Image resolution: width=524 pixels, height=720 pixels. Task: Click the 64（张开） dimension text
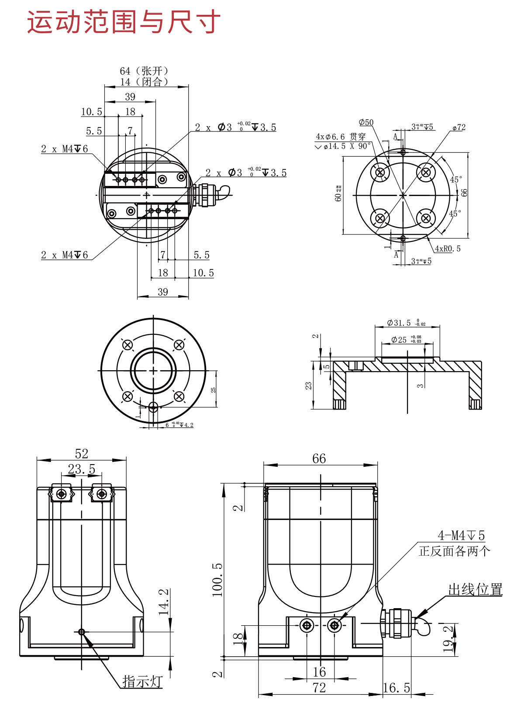144,71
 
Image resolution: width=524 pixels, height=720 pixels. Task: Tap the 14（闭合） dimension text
144,82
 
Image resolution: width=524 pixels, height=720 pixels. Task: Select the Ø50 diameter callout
366,123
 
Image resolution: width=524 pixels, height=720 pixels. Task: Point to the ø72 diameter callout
459,127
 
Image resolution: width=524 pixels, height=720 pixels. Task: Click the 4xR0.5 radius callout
448,249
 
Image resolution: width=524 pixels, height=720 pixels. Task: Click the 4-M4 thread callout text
461,535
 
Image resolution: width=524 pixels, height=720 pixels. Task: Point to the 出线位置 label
475,589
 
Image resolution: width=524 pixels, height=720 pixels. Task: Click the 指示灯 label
142,681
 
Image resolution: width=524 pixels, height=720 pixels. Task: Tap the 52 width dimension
82,454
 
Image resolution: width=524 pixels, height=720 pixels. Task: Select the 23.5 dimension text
82,469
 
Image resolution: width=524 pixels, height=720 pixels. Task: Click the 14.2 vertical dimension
164,602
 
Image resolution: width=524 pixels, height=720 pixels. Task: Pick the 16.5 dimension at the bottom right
396,688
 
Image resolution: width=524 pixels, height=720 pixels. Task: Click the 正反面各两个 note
454,551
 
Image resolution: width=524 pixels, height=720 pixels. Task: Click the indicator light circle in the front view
81,632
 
